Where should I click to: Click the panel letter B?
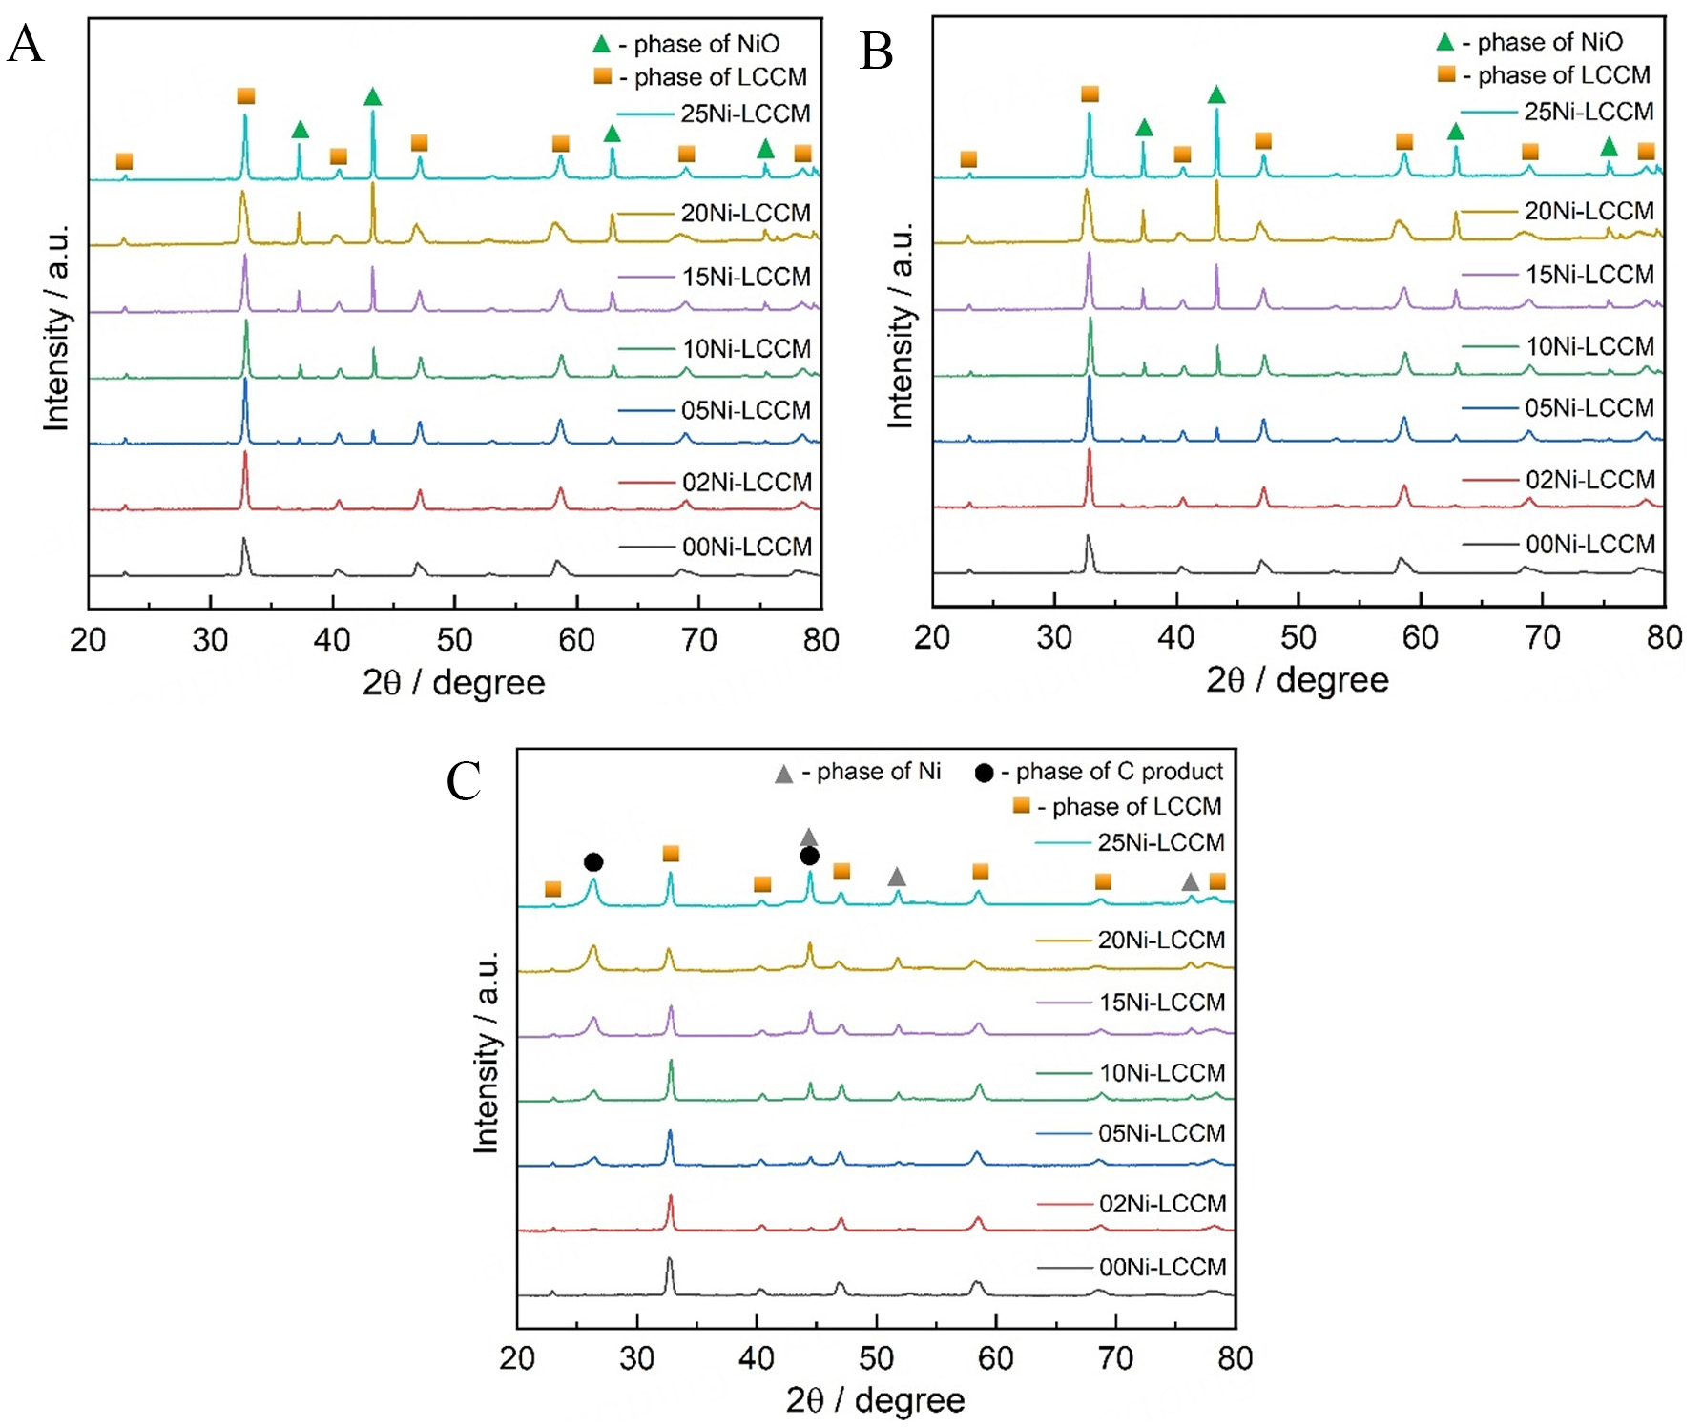(876, 51)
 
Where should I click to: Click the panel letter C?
(464, 781)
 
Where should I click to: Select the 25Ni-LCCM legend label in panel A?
(745, 114)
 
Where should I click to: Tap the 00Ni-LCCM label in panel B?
(1589, 544)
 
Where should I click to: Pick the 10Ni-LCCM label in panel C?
(1162, 1072)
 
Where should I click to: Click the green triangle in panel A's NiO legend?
(601, 44)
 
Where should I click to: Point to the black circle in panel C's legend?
(984, 772)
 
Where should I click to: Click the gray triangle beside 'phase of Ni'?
(783, 774)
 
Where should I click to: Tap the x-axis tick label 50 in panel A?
(454, 640)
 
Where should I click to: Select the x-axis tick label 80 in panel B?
(1664, 637)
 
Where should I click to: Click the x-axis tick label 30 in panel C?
(636, 1357)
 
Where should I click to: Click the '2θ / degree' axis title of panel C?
(875, 1399)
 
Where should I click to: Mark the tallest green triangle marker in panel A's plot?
(373, 96)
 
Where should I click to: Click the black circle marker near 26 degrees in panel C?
(592, 862)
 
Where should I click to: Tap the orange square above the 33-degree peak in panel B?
(1090, 93)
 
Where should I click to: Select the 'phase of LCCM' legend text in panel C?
(1136, 807)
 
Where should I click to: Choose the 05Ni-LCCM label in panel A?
(745, 410)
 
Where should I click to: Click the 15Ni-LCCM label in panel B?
(1589, 275)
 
